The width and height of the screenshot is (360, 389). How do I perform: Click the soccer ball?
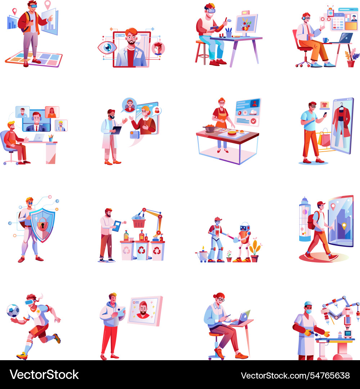tap(13, 311)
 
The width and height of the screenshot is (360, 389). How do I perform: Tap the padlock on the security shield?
tap(42, 224)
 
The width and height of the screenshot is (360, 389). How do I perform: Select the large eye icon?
tap(107, 48)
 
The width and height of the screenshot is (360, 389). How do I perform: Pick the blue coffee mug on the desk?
tap(325, 40)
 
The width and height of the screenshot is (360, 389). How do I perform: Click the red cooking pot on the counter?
tap(210, 129)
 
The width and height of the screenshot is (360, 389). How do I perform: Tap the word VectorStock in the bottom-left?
tap(44, 375)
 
